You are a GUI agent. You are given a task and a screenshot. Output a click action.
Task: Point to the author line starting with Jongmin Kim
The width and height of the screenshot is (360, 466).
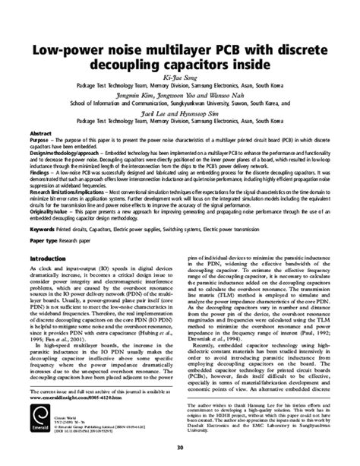(x=180, y=97)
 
